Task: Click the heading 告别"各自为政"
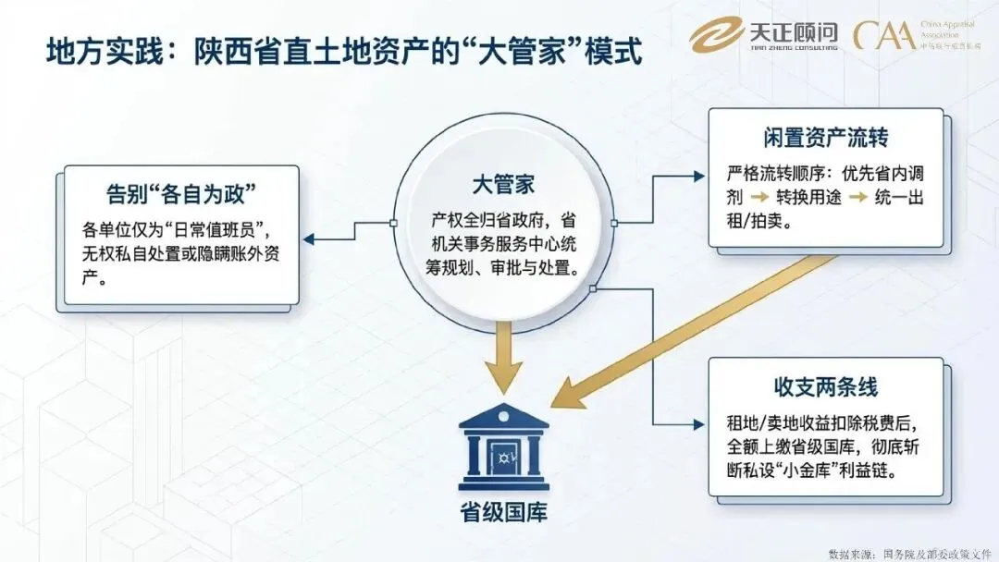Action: click(x=180, y=195)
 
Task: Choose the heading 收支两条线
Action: click(x=826, y=385)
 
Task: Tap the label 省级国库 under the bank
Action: click(x=502, y=512)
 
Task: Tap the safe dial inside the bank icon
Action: click(x=503, y=454)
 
